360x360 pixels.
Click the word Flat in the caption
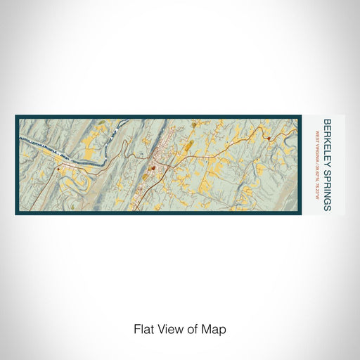tap(143, 328)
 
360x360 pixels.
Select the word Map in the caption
tap(217, 328)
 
